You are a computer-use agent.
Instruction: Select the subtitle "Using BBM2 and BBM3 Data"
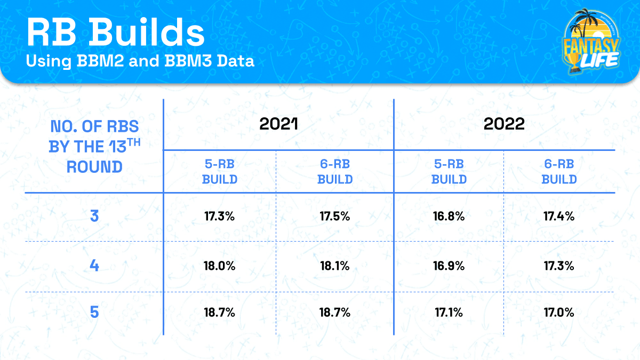tap(140, 62)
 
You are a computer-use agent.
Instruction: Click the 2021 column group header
tap(278, 124)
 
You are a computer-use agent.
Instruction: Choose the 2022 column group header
tap(505, 124)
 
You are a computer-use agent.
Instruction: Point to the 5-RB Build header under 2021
tap(220, 172)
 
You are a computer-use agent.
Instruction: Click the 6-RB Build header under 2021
tap(335, 172)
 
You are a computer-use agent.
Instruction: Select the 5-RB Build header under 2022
tap(449, 172)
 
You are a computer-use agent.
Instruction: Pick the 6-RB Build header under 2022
tap(559, 172)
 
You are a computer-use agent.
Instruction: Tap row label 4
tap(94, 266)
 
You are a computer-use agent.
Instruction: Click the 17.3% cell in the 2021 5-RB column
tap(219, 217)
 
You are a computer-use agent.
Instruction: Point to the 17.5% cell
tap(335, 217)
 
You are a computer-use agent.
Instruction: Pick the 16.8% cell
tap(449, 217)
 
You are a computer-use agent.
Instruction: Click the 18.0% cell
tap(219, 266)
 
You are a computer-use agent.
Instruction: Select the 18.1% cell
tap(335, 266)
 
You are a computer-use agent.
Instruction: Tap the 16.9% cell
tap(449, 266)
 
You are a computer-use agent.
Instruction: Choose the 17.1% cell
tap(449, 313)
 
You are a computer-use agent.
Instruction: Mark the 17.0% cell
tap(559, 313)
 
